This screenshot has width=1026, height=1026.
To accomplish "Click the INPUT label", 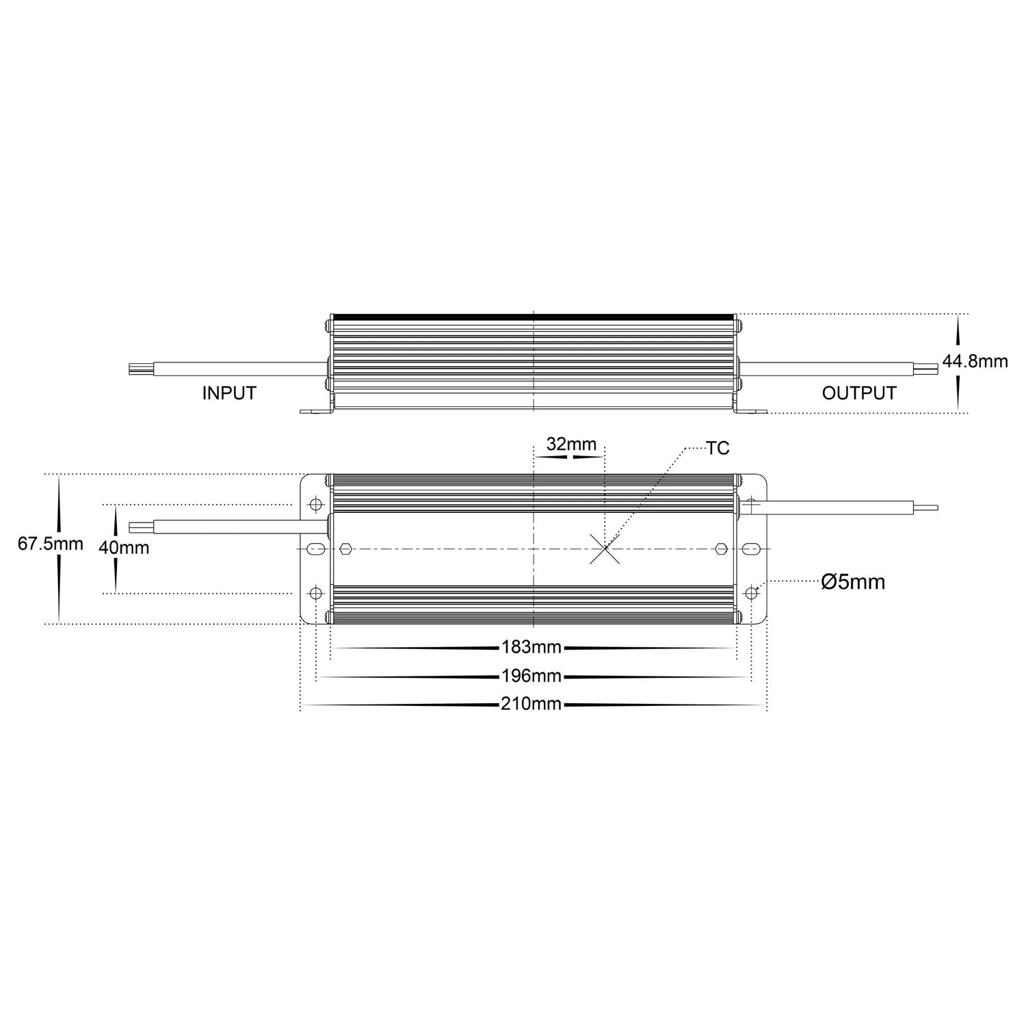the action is pos(229,393).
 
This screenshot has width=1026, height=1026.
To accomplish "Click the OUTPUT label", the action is pos(859,393).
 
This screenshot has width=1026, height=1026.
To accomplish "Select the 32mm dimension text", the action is pos(571,444).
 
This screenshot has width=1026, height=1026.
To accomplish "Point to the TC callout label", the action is pos(718,448).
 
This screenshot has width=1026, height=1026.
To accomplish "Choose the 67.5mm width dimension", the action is pos(51,544).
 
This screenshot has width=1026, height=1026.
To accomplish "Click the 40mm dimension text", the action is pos(124,547).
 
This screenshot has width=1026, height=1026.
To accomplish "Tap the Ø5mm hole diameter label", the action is pos(853,582).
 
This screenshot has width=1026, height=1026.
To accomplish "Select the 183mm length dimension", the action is pos(531,647).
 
